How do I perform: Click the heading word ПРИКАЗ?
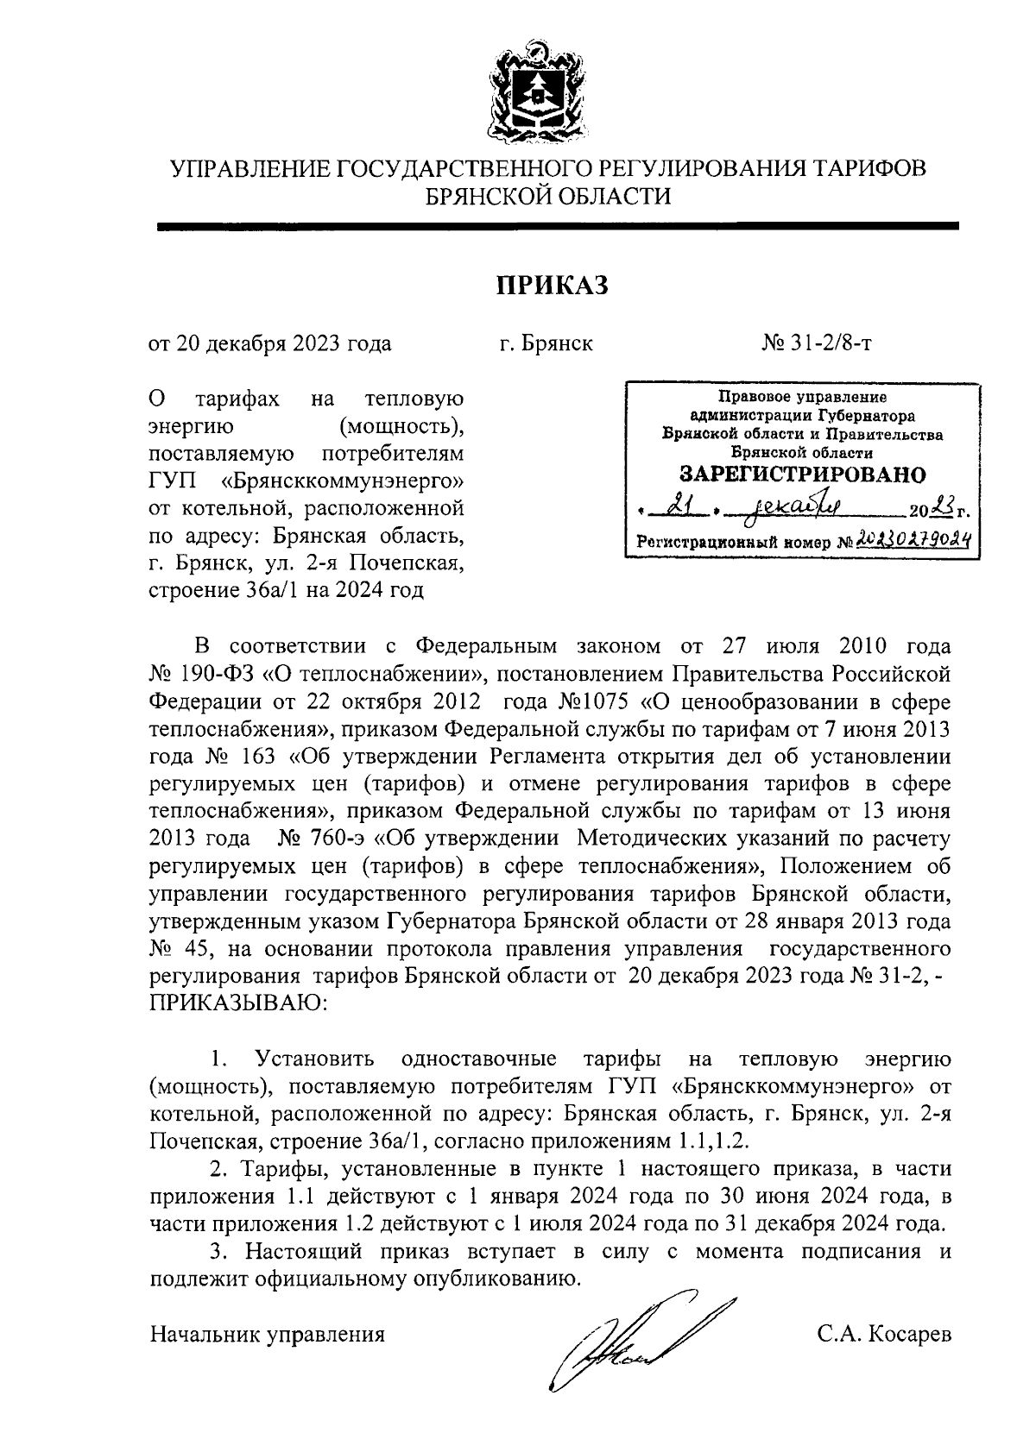click(552, 285)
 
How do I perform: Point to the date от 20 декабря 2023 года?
click(270, 343)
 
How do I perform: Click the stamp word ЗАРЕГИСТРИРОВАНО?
click(802, 475)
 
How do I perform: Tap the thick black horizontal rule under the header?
click(557, 226)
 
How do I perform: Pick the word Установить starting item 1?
click(314, 1059)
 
